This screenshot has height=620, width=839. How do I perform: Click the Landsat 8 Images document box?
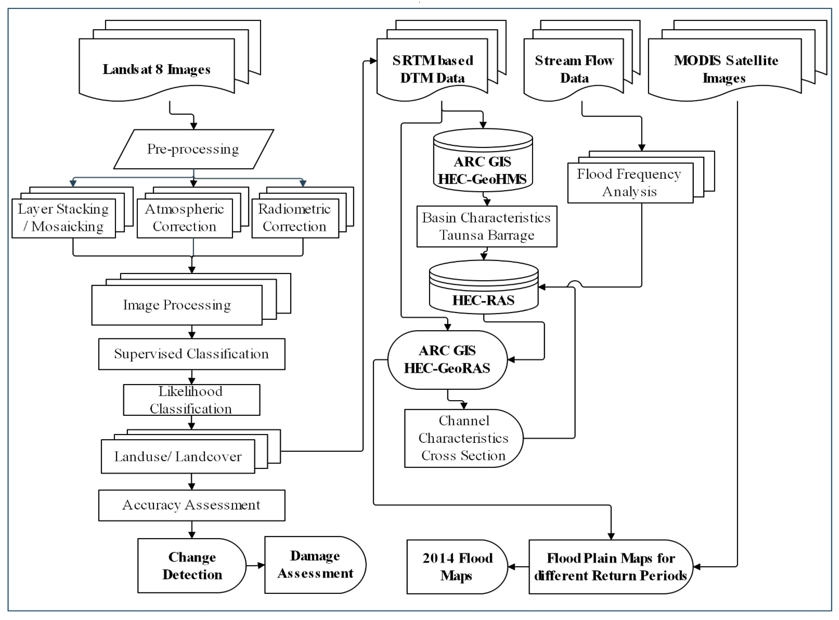[x=157, y=69]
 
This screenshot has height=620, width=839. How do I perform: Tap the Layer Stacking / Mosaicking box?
[x=63, y=218]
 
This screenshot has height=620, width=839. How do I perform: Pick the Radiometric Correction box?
[x=295, y=218]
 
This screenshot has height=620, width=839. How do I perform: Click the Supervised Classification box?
[x=192, y=354]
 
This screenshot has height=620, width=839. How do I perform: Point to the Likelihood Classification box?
[x=192, y=400]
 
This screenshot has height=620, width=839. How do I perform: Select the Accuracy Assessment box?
[x=192, y=505]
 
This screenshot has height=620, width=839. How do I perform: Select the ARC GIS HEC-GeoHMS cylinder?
[x=483, y=165]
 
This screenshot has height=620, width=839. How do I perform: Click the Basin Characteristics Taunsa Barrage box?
[x=487, y=226]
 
